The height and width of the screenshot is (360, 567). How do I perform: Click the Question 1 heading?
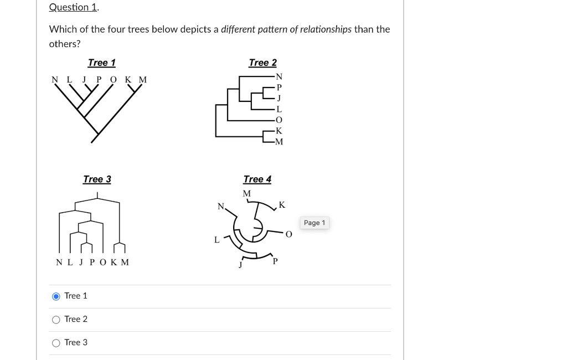(74, 7)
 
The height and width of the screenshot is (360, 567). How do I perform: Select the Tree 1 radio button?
(56, 296)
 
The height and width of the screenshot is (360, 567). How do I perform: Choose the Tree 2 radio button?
(56, 320)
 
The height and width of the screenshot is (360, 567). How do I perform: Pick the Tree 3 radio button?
(56, 343)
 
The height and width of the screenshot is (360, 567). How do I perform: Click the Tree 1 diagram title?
(101, 63)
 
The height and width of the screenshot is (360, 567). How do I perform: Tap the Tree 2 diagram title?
(262, 63)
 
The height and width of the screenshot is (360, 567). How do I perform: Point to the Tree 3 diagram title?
(97, 179)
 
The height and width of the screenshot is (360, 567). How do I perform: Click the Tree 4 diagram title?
(257, 179)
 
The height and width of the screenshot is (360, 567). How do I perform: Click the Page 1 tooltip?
(315, 223)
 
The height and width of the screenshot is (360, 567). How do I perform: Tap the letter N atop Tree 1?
(55, 80)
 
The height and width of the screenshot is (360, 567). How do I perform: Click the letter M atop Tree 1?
(143, 80)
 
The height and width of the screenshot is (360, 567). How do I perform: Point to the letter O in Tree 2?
(279, 120)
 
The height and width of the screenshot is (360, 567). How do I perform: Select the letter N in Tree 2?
(279, 76)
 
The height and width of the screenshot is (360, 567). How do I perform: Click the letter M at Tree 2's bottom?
(279, 142)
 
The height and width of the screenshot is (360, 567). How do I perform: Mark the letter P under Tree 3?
(92, 263)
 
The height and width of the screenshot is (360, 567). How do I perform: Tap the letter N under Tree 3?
(59, 263)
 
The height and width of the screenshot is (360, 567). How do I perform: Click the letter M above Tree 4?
(246, 193)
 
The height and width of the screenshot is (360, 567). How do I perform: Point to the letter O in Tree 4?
(288, 234)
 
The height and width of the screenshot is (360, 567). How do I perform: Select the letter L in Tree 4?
(217, 240)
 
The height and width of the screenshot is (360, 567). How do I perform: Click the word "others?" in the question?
(65, 44)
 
